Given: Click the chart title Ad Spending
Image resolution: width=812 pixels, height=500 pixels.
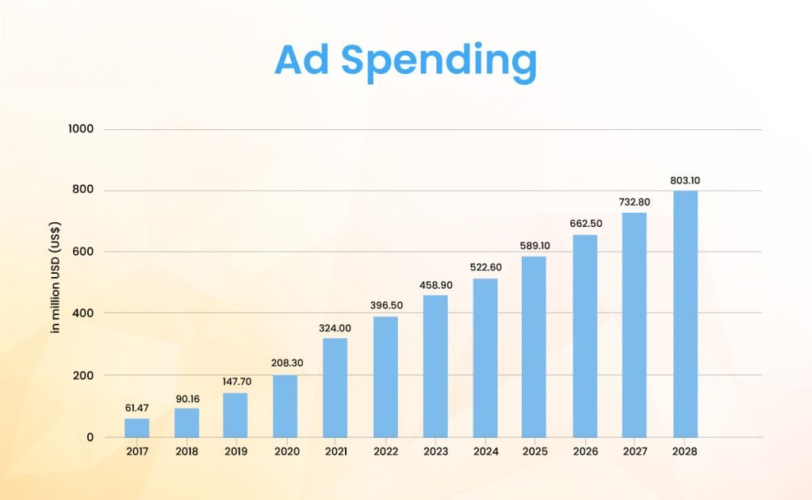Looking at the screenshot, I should (x=405, y=61).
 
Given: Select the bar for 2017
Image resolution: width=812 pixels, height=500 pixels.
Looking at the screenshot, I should (x=136, y=428).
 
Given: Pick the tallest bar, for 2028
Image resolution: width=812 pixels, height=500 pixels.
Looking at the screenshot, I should (x=685, y=313).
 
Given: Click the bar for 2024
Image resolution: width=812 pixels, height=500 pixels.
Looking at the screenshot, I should (x=485, y=358).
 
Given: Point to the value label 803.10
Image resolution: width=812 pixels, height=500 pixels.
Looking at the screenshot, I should (x=685, y=180).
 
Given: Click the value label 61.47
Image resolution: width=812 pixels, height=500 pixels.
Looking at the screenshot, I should (x=136, y=408).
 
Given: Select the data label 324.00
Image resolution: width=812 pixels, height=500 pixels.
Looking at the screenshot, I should (x=335, y=327).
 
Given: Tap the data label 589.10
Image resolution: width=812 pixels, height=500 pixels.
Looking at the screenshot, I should (x=535, y=245).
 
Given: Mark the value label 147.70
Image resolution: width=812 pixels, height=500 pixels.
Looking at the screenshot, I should (x=235, y=381).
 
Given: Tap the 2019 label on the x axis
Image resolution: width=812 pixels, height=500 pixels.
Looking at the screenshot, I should (x=235, y=452).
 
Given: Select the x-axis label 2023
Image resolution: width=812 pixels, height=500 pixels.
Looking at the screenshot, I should (x=435, y=452).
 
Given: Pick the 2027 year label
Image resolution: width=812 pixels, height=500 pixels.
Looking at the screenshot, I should (x=634, y=452).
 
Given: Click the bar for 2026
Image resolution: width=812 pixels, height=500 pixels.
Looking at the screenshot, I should (x=585, y=336).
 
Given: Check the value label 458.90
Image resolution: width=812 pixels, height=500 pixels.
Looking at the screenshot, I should (x=435, y=284).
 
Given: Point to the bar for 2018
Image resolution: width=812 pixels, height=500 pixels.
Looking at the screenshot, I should (x=186, y=422).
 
